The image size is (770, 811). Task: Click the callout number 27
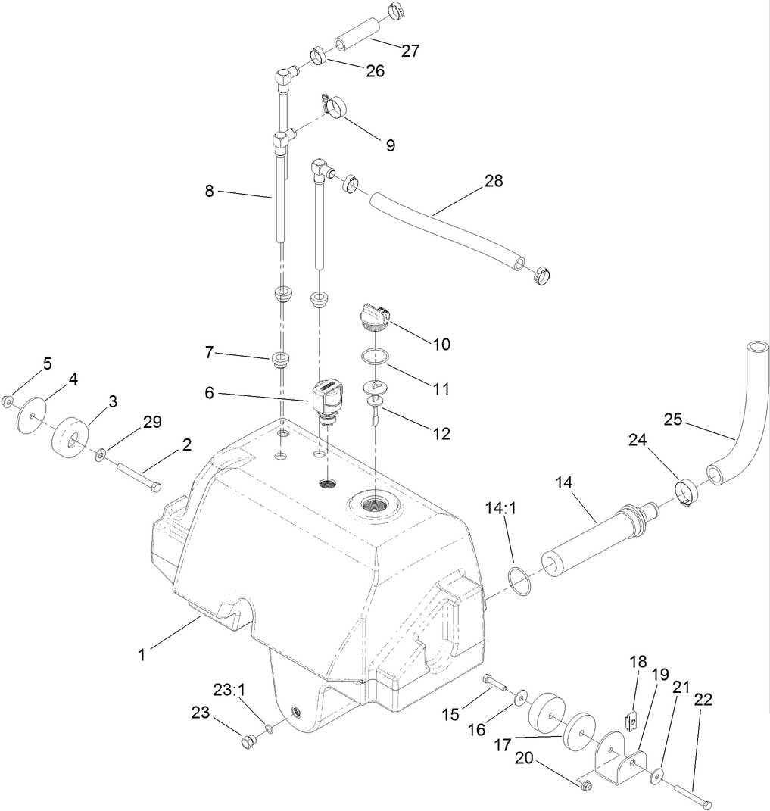410,51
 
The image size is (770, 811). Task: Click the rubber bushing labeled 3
70,437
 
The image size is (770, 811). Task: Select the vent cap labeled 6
325,395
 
